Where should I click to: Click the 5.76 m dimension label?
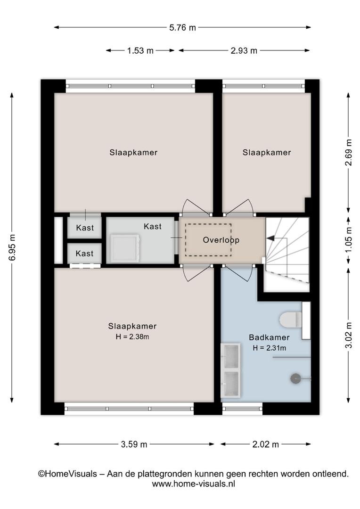[182, 28]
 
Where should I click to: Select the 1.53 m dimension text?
[140, 50]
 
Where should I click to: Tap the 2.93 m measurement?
[244, 50]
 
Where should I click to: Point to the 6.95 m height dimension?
[12, 247]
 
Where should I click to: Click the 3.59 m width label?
[134, 444]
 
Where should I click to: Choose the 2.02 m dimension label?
[266, 444]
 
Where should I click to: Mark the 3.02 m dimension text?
[348, 335]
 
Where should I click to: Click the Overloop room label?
[221, 240]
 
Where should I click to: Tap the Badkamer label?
[269, 337]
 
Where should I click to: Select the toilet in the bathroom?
[291, 320]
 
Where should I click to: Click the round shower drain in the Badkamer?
[295, 378]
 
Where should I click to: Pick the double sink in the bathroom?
[230, 370]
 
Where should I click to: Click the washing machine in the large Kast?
[125, 248]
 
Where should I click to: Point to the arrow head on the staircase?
[270, 238]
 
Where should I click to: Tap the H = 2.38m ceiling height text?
[132, 337]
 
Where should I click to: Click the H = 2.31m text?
[270, 348]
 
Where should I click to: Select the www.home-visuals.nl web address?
[194, 484]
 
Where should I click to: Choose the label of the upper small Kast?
[85, 228]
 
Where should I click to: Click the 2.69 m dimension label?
[348, 152]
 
